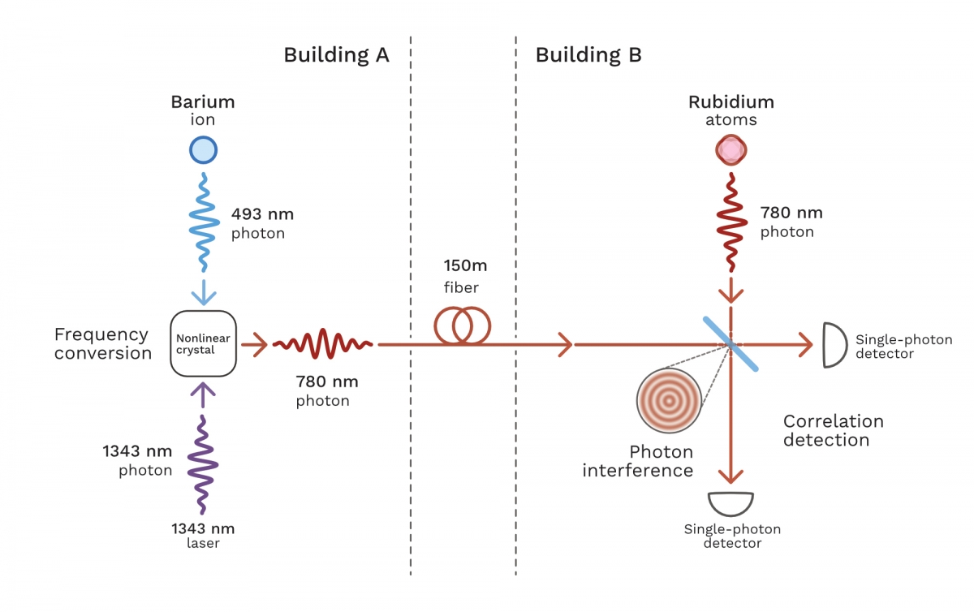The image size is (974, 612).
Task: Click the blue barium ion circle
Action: tap(203, 150)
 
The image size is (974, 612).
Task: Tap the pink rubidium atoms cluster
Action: tap(731, 150)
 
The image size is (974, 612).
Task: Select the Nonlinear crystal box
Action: tap(203, 343)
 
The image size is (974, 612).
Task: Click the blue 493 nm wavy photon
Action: tap(204, 222)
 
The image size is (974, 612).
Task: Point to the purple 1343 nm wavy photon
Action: tap(203, 464)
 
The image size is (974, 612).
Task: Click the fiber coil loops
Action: tap(462, 325)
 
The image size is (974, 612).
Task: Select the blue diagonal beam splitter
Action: tap(730, 344)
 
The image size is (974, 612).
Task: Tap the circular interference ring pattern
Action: tap(669, 401)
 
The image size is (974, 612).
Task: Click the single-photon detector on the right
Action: tap(834, 345)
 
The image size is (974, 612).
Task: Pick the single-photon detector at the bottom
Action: tap(730, 504)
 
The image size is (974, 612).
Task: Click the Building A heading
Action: tap(336, 55)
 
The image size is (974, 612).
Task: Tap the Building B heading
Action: tap(588, 55)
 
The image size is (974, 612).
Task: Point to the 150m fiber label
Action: tap(465, 276)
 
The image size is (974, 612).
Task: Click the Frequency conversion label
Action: tap(103, 343)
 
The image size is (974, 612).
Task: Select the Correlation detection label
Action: tap(833, 431)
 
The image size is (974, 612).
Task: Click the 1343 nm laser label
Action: tap(203, 536)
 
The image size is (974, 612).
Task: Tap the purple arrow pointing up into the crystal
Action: tap(203, 395)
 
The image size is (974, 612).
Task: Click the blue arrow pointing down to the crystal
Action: tap(204, 292)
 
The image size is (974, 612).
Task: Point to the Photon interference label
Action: tap(637, 461)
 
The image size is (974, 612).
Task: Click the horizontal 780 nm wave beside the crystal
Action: tap(323, 343)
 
